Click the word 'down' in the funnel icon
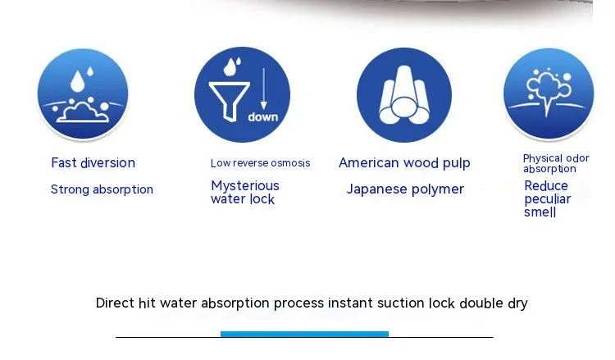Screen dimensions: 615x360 [x=262, y=117]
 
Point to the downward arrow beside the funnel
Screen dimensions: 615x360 [x=263, y=89]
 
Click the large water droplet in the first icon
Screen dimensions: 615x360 [x=78, y=81]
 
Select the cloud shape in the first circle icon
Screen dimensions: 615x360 [x=82, y=113]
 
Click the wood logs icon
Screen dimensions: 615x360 [x=404, y=95]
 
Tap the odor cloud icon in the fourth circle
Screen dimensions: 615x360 [x=548, y=91]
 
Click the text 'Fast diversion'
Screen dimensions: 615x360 [x=93, y=162]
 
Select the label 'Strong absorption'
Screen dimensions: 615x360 [x=102, y=189]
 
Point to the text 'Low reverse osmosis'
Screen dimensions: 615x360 [x=260, y=163]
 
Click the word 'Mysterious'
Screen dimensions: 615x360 [x=245, y=185]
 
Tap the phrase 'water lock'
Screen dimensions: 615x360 [x=243, y=198]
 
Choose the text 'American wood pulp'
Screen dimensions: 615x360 [x=404, y=162]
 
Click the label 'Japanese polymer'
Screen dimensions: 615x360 [x=405, y=189]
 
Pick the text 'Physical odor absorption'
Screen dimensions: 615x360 [x=556, y=163]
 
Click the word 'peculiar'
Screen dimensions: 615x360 [x=547, y=199]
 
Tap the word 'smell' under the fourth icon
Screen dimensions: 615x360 [x=540, y=212]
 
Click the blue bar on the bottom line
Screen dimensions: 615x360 [x=304, y=334]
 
